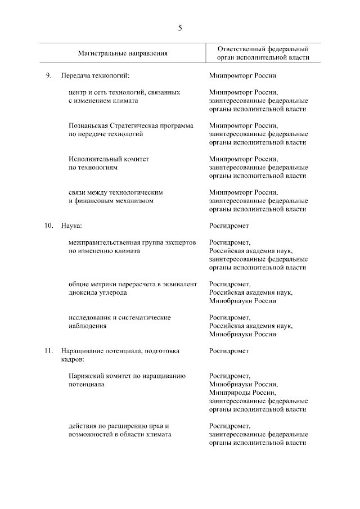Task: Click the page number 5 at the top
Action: tap(180, 28)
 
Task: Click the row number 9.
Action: tap(49, 75)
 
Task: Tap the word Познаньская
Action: tap(88, 125)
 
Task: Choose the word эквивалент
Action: tap(181, 285)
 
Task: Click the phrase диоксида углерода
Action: tap(97, 293)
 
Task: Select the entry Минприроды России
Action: tap(242, 393)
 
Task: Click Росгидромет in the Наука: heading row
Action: tap(228, 226)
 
